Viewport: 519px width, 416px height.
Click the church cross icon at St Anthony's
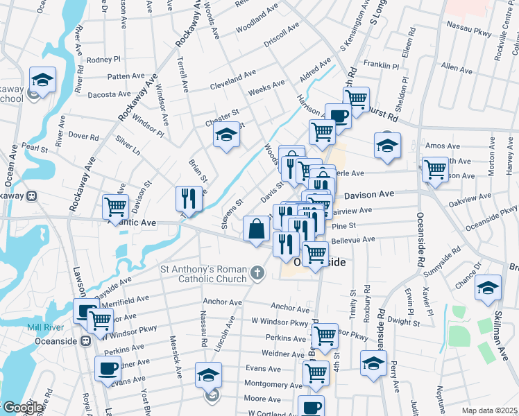point(258,272)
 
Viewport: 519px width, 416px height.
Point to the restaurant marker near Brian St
point(189,198)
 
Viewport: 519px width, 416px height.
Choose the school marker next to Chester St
point(226,137)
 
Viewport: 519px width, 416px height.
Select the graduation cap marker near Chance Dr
point(488,286)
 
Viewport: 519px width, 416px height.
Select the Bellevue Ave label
point(352,240)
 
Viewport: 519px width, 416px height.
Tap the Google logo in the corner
point(22,408)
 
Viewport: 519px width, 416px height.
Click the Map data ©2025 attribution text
point(489,410)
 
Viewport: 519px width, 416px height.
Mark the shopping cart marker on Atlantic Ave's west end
point(114,206)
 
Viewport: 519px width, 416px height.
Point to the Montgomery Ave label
point(273,385)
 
